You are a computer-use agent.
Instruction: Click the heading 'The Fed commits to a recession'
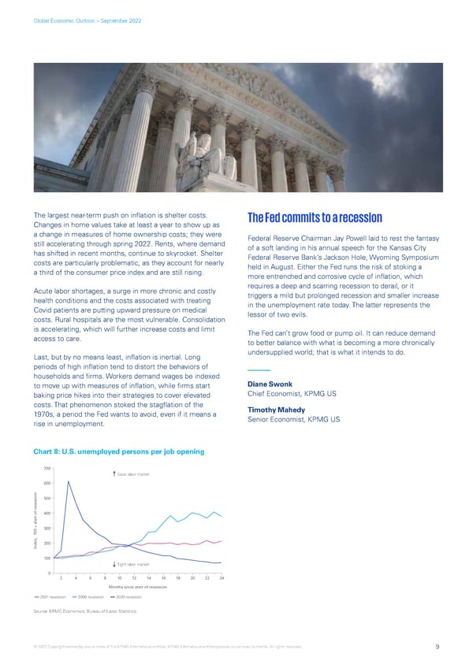[x=315, y=218]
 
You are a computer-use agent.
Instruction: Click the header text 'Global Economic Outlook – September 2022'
[x=87, y=19]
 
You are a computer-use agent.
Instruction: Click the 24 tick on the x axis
[x=222, y=579]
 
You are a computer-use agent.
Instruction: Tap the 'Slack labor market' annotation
[x=131, y=473]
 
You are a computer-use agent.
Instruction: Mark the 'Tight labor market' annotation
[x=131, y=565]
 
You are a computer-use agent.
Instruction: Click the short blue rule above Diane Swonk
[x=259, y=371]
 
